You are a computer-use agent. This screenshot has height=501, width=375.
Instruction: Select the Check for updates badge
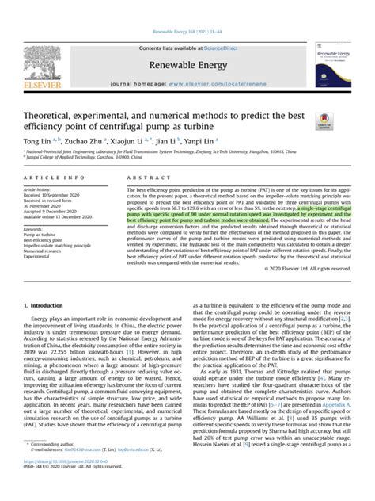[325, 120]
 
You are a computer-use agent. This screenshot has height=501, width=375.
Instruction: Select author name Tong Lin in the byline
[34, 140]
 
